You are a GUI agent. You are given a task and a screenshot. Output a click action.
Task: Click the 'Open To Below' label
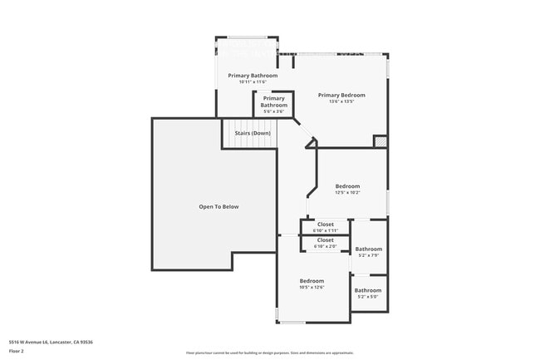(x=218, y=206)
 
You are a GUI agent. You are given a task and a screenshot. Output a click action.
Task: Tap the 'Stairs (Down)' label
(x=252, y=133)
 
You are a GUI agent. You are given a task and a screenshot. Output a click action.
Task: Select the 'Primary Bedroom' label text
(x=341, y=95)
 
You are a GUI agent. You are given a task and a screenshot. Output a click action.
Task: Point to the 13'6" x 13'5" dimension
(x=341, y=102)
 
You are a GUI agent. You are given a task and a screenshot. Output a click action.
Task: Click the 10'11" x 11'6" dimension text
(x=253, y=82)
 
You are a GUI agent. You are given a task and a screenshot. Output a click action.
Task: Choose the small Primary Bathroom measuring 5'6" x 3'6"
(x=273, y=102)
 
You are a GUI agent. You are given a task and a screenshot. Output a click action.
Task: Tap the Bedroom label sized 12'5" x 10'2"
(x=347, y=186)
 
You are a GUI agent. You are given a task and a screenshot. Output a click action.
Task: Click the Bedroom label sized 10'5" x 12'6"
(x=312, y=281)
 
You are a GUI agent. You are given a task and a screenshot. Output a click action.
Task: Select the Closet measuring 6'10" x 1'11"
(x=325, y=224)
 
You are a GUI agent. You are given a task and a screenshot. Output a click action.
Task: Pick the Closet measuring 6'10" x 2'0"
(x=325, y=240)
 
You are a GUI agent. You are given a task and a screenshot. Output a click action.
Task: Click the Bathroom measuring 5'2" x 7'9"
(x=368, y=249)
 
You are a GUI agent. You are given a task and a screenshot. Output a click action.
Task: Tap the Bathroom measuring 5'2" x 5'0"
(x=368, y=290)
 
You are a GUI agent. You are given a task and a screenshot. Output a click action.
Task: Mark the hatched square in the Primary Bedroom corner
(x=380, y=141)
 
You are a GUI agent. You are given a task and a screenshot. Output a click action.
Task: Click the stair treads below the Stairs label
(x=248, y=143)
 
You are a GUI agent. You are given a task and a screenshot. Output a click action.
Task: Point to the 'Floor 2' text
(x=17, y=352)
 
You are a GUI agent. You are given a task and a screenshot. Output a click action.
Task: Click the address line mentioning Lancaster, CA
(x=51, y=342)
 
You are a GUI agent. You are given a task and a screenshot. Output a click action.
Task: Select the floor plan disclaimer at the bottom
(x=269, y=353)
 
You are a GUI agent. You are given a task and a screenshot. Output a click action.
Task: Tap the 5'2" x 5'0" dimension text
(x=368, y=297)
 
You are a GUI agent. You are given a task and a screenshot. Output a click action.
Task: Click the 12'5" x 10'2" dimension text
(x=347, y=193)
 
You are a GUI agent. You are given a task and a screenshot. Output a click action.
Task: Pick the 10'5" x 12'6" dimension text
(x=312, y=288)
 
